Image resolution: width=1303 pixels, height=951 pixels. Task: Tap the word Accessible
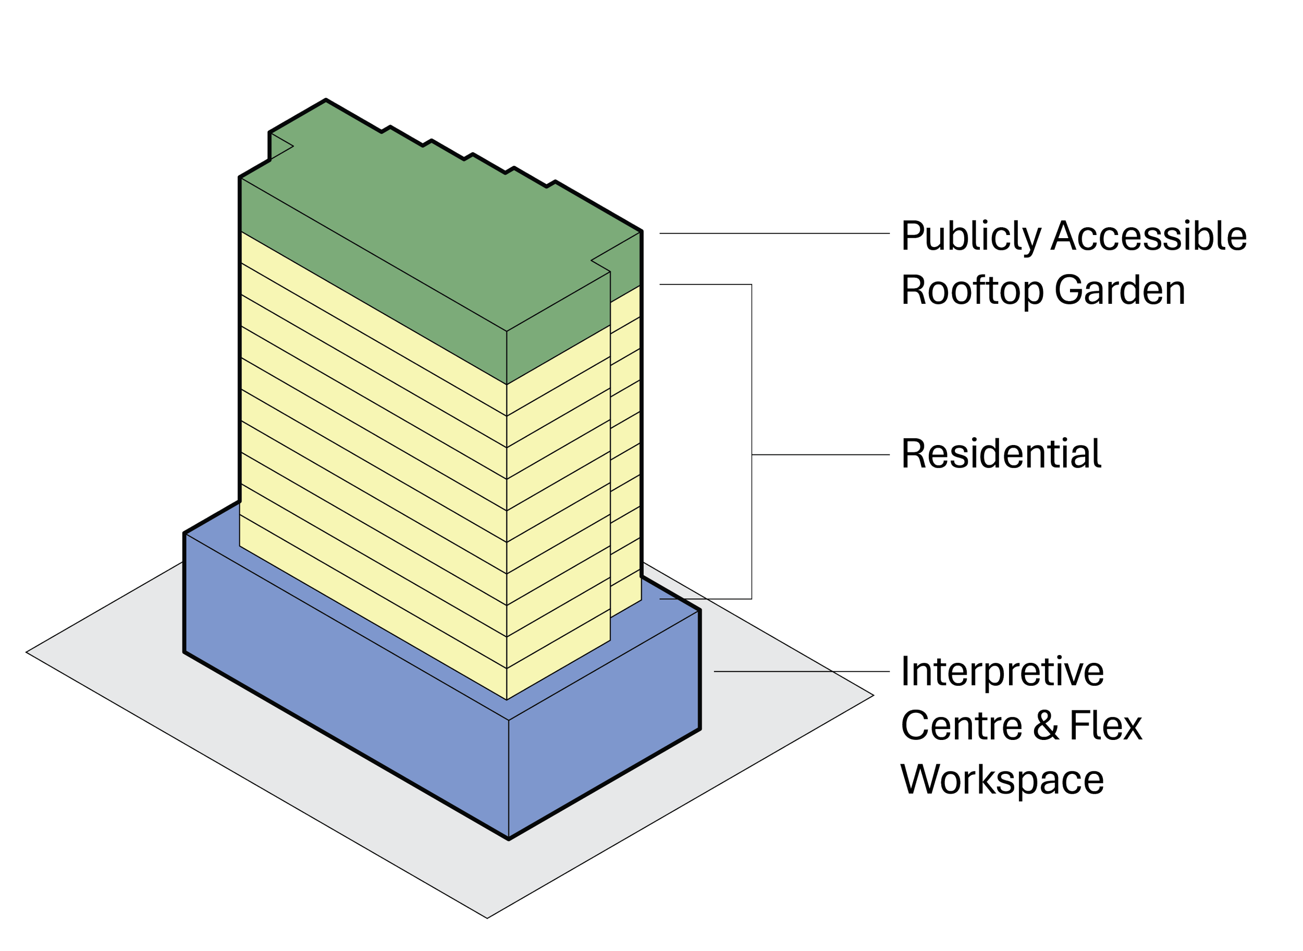(1149, 236)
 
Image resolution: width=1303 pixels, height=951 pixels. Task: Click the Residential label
(1002, 454)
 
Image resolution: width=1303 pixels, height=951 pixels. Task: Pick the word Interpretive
(1002, 672)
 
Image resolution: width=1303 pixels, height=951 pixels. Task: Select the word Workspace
(1002, 780)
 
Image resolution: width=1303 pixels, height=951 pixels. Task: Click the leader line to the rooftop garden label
(775, 233)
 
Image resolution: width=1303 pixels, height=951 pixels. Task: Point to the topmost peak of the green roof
(326, 100)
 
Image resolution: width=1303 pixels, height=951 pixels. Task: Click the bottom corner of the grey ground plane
(488, 918)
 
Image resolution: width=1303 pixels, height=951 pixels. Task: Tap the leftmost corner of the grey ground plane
(27, 652)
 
